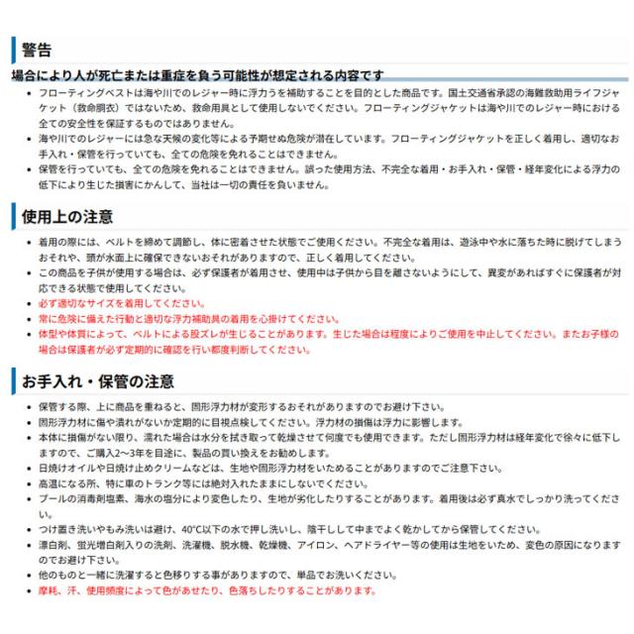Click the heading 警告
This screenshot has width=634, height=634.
[x=35, y=51]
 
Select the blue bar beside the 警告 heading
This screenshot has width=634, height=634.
[x=13, y=51]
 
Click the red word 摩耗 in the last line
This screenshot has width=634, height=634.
[x=48, y=591]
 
